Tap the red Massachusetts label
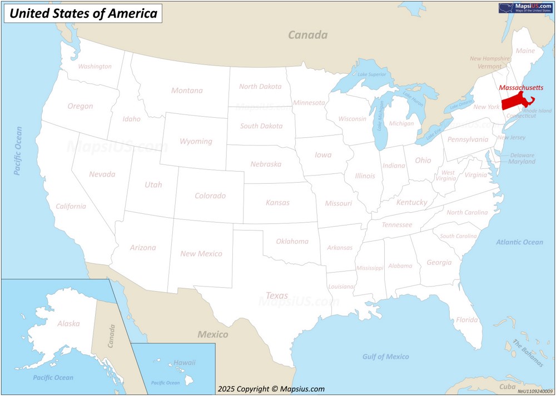pos(521,88)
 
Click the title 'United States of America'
pos(83,13)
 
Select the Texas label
pos(277,295)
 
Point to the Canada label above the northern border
pos(307,35)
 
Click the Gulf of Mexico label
pos(385,357)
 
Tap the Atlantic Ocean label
pos(519,242)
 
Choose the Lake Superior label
pos(371,74)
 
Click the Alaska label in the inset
pos(68,323)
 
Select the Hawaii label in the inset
pos(184,363)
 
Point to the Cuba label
pos(507,387)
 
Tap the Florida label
pos(466,320)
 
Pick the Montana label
pos(187,91)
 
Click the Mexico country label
pos(212,334)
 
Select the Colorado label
pos(210,196)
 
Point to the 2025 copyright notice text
pos(271,389)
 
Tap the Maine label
pos(525,51)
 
